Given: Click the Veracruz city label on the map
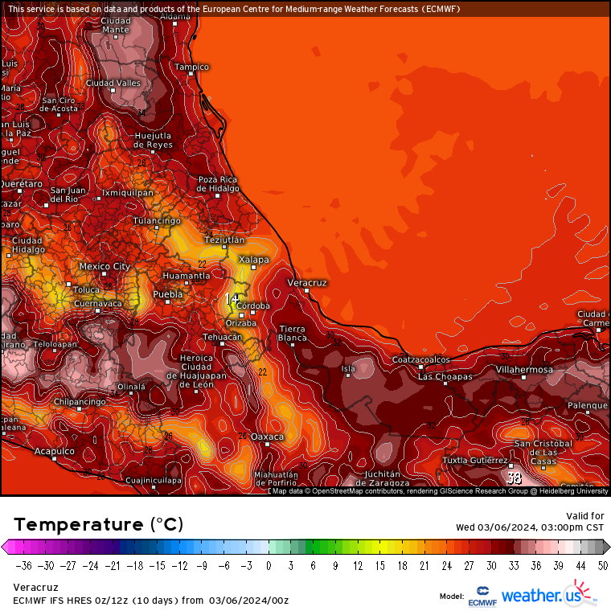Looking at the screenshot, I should click(x=306, y=283).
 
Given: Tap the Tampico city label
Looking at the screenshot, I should click(x=191, y=67).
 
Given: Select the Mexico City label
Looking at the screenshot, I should click(x=105, y=266).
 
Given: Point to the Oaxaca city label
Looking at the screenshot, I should click(x=268, y=437).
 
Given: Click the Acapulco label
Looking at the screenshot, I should click(x=55, y=451).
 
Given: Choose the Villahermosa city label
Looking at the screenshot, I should click(x=524, y=370).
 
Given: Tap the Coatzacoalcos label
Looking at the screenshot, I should click(x=421, y=359).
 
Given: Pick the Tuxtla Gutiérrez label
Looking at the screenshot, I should click(x=475, y=461).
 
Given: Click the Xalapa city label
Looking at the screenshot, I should click(x=253, y=260).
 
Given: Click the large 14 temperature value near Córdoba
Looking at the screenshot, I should click(x=232, y=299).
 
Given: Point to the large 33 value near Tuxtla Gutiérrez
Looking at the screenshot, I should click(x=515, y=477).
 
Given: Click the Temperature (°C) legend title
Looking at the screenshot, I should click(x=98, y=524).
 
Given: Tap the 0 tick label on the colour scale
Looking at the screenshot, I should click(x=269, y=565).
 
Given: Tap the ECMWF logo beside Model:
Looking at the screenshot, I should click(x=481, y=596).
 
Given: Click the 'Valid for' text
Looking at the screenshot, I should click(x=586, y=516).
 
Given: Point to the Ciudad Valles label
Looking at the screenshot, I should click(x=113, y=83).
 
